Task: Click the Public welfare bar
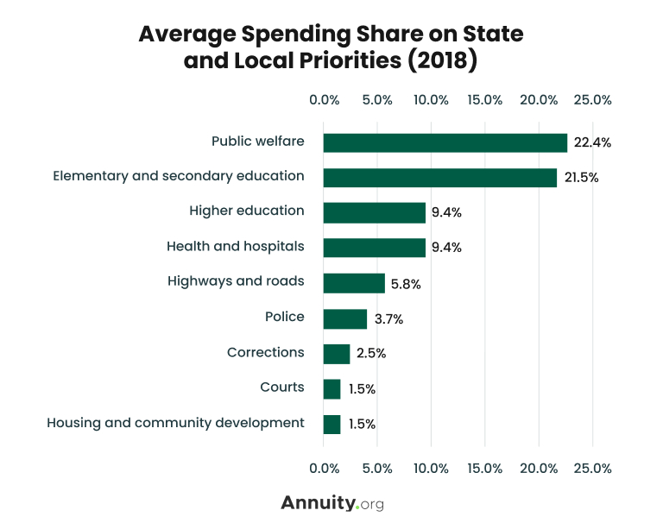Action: click(445, 142)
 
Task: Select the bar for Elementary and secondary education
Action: click(440, 178)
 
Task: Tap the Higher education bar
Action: click(375, 212)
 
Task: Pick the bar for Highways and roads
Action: click(354, 283)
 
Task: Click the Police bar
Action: click(344, 318)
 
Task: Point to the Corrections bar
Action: click(337, 354)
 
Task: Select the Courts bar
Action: click(331, 389)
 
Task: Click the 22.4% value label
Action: click(592, 143)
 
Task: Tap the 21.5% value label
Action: click(582, 178)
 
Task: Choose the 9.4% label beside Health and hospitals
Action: click(447, 248)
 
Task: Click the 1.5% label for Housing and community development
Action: click(362, 425)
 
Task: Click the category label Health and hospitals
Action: click(235, 247)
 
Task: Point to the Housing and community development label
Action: click(175, 423)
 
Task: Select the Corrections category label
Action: click(265, 352)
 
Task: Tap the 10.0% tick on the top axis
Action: click(431, 100)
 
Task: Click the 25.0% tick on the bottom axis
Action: click(592, 469)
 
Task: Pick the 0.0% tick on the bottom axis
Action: click(324, 469)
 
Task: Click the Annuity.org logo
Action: click(331, 503)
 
